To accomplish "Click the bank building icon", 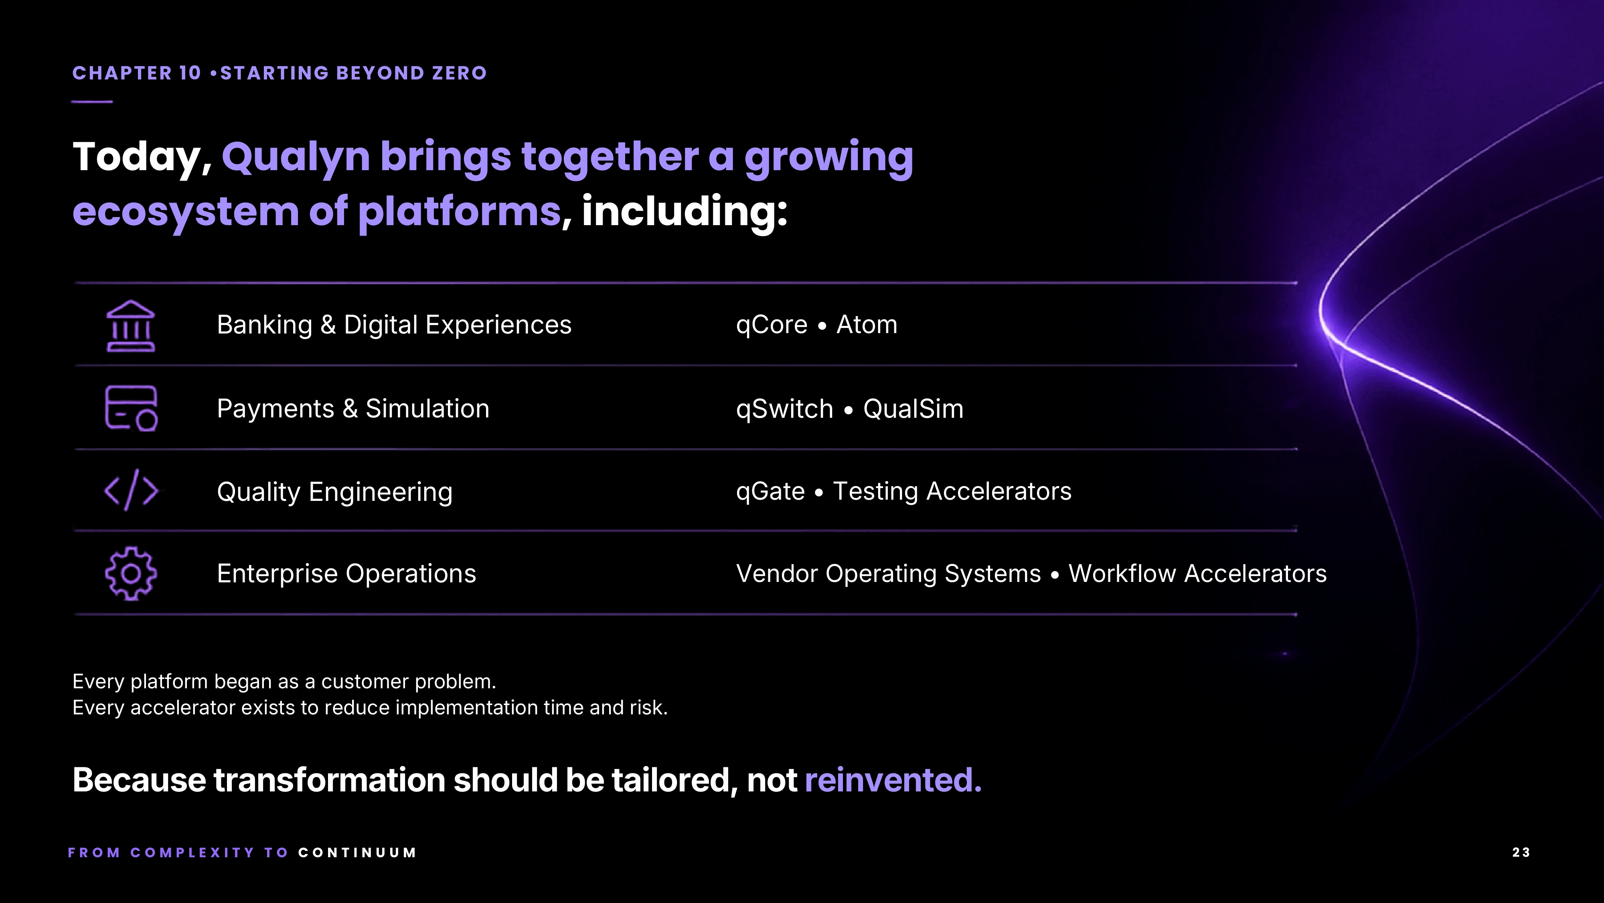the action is pos(131,327).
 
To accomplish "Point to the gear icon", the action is pos(131,574).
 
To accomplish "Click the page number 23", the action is pos(1521,852).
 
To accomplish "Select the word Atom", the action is pos(867,325).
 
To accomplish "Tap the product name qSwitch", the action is pos(785,409).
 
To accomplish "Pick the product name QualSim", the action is pos(913,409).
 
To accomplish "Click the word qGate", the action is pos(770,492).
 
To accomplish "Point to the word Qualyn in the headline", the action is pos(296,157).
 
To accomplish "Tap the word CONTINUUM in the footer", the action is pos(357,852).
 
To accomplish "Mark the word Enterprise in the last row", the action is pos(277,574).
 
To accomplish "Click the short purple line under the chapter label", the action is pos(92,102).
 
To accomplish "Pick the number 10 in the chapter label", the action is pos(190,73).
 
